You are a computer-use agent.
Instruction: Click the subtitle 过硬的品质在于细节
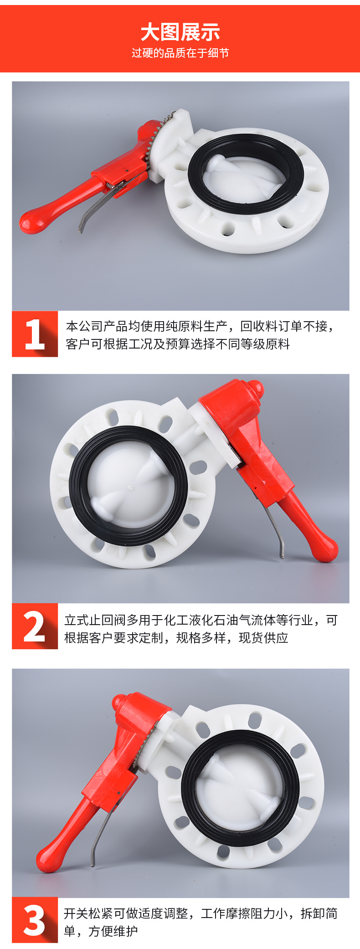coord(180,53)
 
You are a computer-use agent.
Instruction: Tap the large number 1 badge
coord(35,334)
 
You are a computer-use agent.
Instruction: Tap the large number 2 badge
coord(35,626)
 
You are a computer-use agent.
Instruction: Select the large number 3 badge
coord(35,920)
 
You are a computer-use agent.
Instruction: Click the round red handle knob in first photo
coord(31,222)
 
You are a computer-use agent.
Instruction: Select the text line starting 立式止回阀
coord(201,620)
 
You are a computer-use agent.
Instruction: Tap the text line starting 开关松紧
coord(201,913)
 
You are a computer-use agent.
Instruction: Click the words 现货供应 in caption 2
coord(264,638)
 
